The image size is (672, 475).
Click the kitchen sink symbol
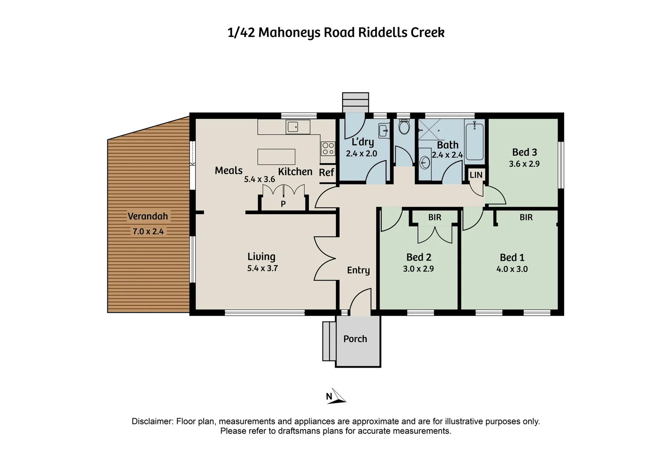tap(292, 128)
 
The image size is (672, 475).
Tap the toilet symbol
tap(404, 127)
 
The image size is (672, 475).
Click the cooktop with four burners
tap(328, 149)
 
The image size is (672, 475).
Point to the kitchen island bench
tap(276, 157)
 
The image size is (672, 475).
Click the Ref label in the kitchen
tap(326, 172)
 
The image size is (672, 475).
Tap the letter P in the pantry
tap(283, 204)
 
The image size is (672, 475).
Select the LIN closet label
tap(476, 175)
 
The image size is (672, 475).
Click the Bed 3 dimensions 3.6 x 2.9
tap(524, 164)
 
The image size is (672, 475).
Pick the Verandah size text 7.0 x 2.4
tap(148, 231)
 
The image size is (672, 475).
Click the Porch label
tap(355, 339)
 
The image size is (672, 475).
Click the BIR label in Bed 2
tap(435, 217)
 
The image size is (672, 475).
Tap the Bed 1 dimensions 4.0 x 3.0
tap(512, 269)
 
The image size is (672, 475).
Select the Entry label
tap(358, 270)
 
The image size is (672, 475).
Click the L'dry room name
tap(362, 142)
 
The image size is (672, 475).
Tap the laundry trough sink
tap(383, 131)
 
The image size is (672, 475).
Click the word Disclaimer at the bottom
tap(152, 421)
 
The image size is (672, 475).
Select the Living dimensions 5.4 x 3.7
tap(263, 268)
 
